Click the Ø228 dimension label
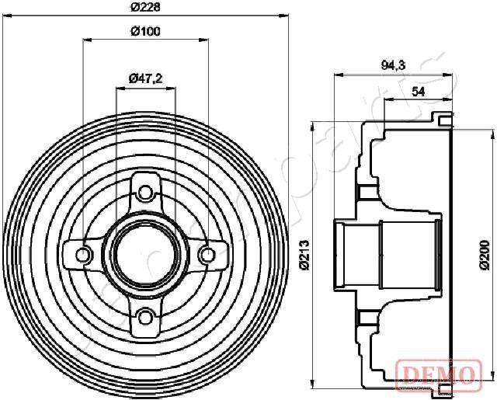[x=144, y=7]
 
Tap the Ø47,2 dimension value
[x=144, y=78]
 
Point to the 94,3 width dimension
[x=392, y=66]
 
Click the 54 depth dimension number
[x=417, y=91]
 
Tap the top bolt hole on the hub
[x=144, y=190]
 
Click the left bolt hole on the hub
[x=83, y=252]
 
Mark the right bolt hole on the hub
[x=206, y=252]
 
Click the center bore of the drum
[x=144, y=252]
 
